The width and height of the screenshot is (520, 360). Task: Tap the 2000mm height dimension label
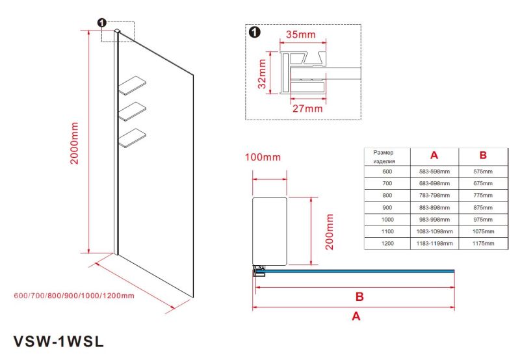coord(75,143)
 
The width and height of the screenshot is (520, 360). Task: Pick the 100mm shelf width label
coord(263,157)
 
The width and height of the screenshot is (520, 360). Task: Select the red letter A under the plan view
coord(356,317)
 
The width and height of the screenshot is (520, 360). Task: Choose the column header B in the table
coord(483,156)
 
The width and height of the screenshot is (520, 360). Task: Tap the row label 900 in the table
coord(387,207)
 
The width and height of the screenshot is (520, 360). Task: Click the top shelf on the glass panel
coord(132,86)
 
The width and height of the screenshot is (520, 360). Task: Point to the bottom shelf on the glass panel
coord(132,136)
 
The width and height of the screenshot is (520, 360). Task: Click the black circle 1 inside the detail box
coord(254,32)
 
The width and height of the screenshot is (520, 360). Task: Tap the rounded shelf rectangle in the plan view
coord(269,230)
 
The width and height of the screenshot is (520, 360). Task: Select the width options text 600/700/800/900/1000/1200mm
coord(73,296)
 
